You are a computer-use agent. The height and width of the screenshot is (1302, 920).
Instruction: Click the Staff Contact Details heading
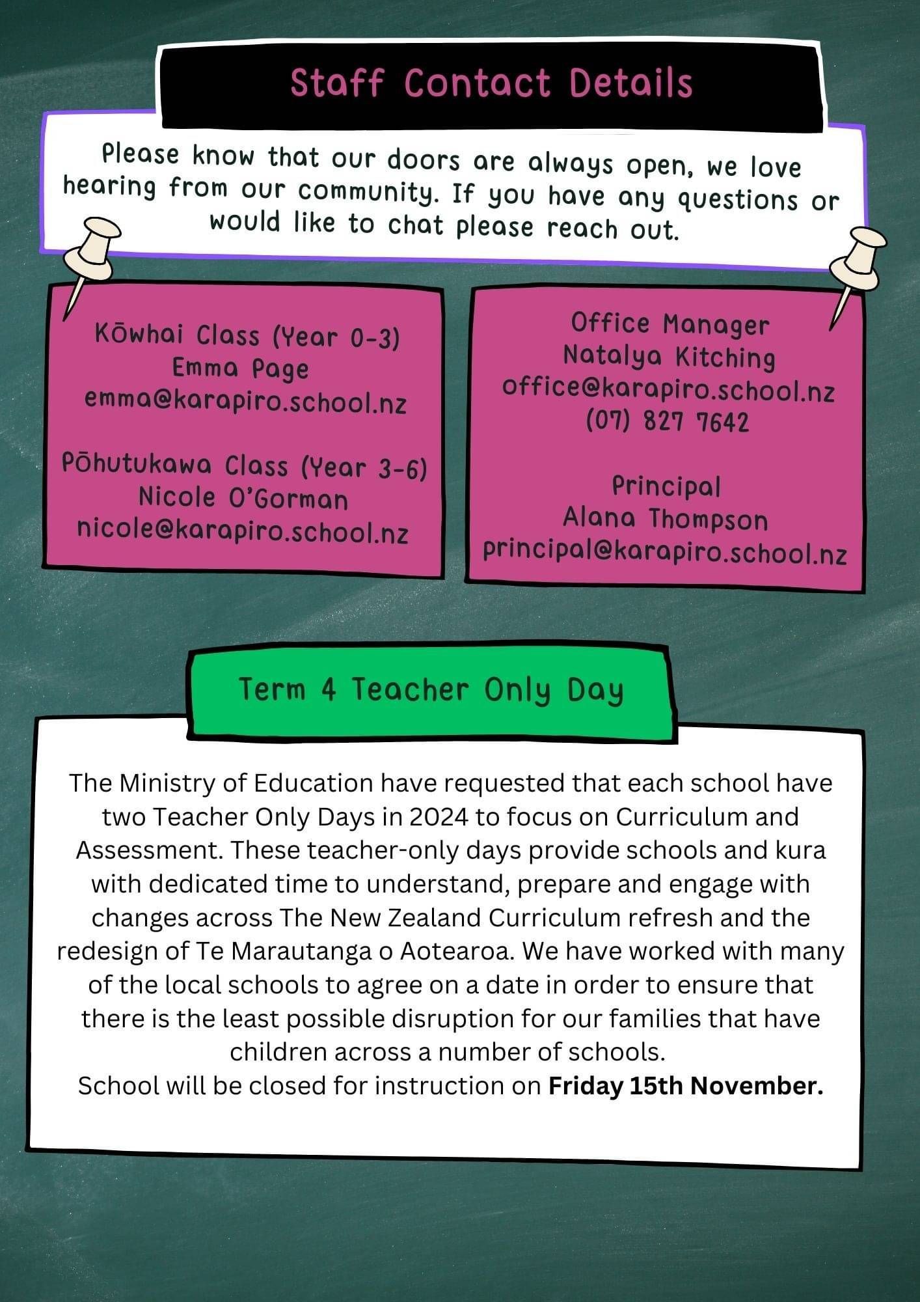pyautogui.click(x=491, y=84)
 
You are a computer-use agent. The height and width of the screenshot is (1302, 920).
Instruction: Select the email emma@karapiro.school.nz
pyautogui.click(x=245, y=401)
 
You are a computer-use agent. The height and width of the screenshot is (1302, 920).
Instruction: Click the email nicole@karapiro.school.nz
pyautogui.click(x=242, y=531)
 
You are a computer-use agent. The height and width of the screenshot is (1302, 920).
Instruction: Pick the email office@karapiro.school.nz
pyautogui.click(x=668, y=389)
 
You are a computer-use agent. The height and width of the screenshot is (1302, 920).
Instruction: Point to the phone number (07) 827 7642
pyautogui.click(x=668, y=422)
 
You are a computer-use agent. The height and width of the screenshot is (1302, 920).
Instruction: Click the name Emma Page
pyautogui.click(x=240, y=368)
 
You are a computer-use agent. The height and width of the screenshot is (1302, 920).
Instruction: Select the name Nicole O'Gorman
pyautogui.click(x=243, y=498)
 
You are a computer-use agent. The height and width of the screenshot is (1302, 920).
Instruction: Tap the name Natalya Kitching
pyautogui.click(x=669, y=356)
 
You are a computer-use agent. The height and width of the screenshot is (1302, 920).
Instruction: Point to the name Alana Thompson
pyautogui.click(x=665, y=519)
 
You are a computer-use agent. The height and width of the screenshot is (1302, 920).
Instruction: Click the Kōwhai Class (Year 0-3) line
pyautogui.click(x=247, y=336)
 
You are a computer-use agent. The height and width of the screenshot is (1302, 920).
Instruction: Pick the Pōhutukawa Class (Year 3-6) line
pyautogui.click(x=244, y=465)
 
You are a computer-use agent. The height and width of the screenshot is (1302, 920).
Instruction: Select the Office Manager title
pyautogui.click(x=670, y=324)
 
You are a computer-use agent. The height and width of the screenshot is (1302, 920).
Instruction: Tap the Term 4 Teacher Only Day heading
pyautogui.click(x=431, y=689)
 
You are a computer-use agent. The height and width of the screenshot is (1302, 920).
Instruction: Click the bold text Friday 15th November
pyautogui.click(x=686, y=1085)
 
